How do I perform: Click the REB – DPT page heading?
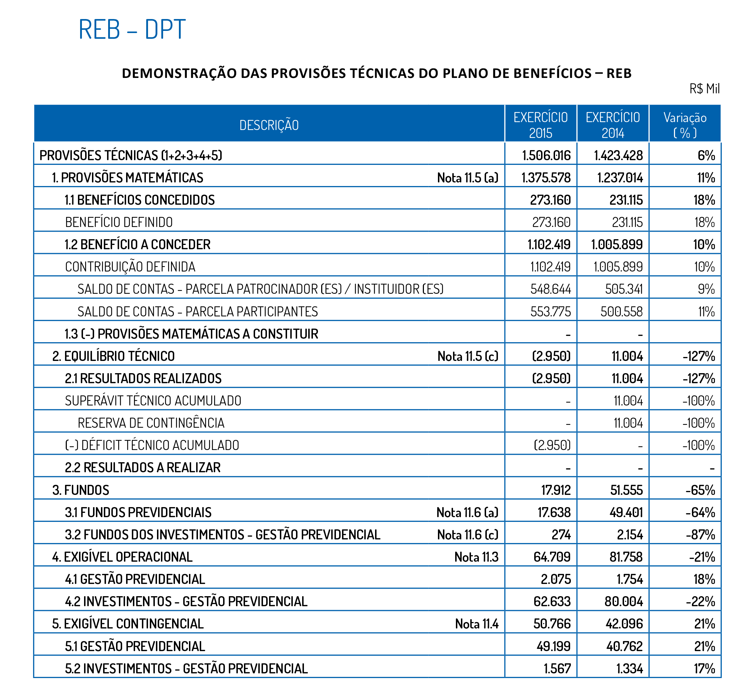[x=132, y=29]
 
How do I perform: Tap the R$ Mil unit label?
[x=704, y=89]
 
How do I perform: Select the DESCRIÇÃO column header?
[x=269, y=125]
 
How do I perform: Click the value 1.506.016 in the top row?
[x=546, y=155]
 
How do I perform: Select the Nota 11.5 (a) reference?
[x=467, y=177]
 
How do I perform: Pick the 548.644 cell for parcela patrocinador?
[x=550, y=289]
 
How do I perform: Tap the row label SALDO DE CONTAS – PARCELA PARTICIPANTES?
[x=197, y=311]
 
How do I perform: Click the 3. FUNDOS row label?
[x=80, y=490]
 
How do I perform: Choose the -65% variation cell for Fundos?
[x=700, y=490]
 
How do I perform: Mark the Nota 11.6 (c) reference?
[x=467, y=534]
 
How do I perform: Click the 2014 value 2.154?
[x=629, y=534]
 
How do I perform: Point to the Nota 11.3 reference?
[x=476, y=557]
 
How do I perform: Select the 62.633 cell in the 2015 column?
[x=552, y=602]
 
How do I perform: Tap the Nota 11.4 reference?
[x=476, y=624]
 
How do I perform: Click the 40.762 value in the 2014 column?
[x=624, y=646]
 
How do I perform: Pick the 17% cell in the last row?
[x=704, y=668]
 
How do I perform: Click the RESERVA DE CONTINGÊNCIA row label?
[x=151, y=423]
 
